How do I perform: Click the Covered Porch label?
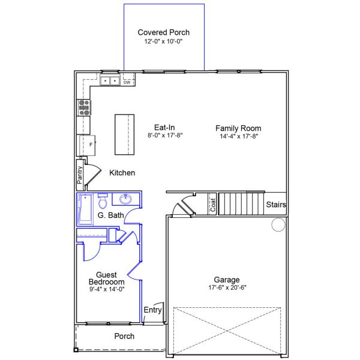[x=163, y=32]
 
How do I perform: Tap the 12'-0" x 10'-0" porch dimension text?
[x=163, y=42]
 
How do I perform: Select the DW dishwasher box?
[x=127, y=82]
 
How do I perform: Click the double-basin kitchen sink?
[x=109, y=80]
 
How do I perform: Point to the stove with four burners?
[x=84, y=107]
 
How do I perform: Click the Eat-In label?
[x=164, y=127]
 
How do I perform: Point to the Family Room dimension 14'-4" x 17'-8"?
[x=238, y=136]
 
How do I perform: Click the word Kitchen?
[x=122, y=173]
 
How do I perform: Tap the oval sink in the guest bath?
[x=127, y=199]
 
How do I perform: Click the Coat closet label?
[x=212, y=205]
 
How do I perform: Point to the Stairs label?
[x=276, y=205]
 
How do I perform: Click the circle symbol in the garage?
[x=278, y=225]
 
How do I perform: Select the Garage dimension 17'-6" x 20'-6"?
[x=227, y=289]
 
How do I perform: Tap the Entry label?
[x=152, y=310]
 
